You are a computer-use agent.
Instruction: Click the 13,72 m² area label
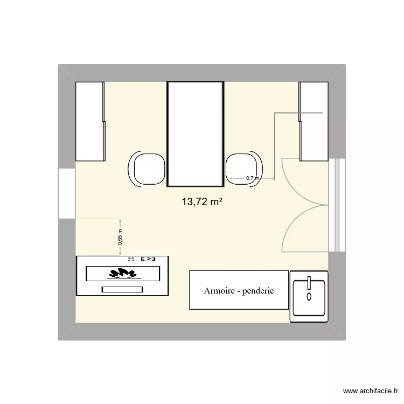click(203, 202)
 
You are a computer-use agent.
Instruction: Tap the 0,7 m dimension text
click(252, 178)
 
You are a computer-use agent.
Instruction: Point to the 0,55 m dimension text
click(121, 238)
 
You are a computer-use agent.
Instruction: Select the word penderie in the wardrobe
click(259, 291)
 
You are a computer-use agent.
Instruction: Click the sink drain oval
click(309, 296)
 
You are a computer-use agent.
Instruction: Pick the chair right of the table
click(245, 169)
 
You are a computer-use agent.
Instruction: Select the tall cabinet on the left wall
click(90, 121)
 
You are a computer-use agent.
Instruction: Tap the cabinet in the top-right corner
click(314, 121)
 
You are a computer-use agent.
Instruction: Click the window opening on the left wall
click(66, 194)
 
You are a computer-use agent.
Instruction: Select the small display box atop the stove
click(148, 259)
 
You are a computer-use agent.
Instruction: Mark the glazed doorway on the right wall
click(337, 205)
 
